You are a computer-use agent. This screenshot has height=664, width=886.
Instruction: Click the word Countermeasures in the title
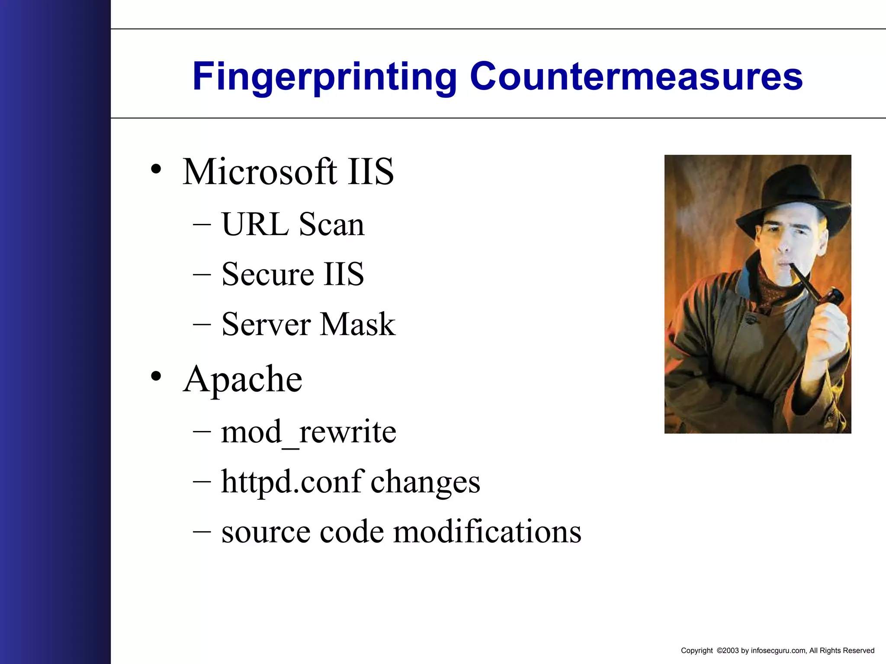pos(636,77)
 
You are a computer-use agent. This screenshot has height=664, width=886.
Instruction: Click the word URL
pos(255,225)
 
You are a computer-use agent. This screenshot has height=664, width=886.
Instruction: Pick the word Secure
pos(268,275)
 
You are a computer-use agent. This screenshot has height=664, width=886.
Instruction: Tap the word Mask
pos(358,324)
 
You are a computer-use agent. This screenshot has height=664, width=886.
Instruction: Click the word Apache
pos(243,380)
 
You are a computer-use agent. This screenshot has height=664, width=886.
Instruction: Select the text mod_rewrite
pos(308,432)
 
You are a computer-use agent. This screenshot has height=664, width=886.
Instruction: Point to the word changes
pos(425,482)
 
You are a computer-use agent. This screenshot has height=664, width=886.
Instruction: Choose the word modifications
pos(488,532)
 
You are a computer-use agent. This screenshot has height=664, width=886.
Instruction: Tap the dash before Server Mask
pos(202,324)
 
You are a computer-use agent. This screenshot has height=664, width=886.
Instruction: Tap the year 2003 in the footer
pos(731,651)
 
